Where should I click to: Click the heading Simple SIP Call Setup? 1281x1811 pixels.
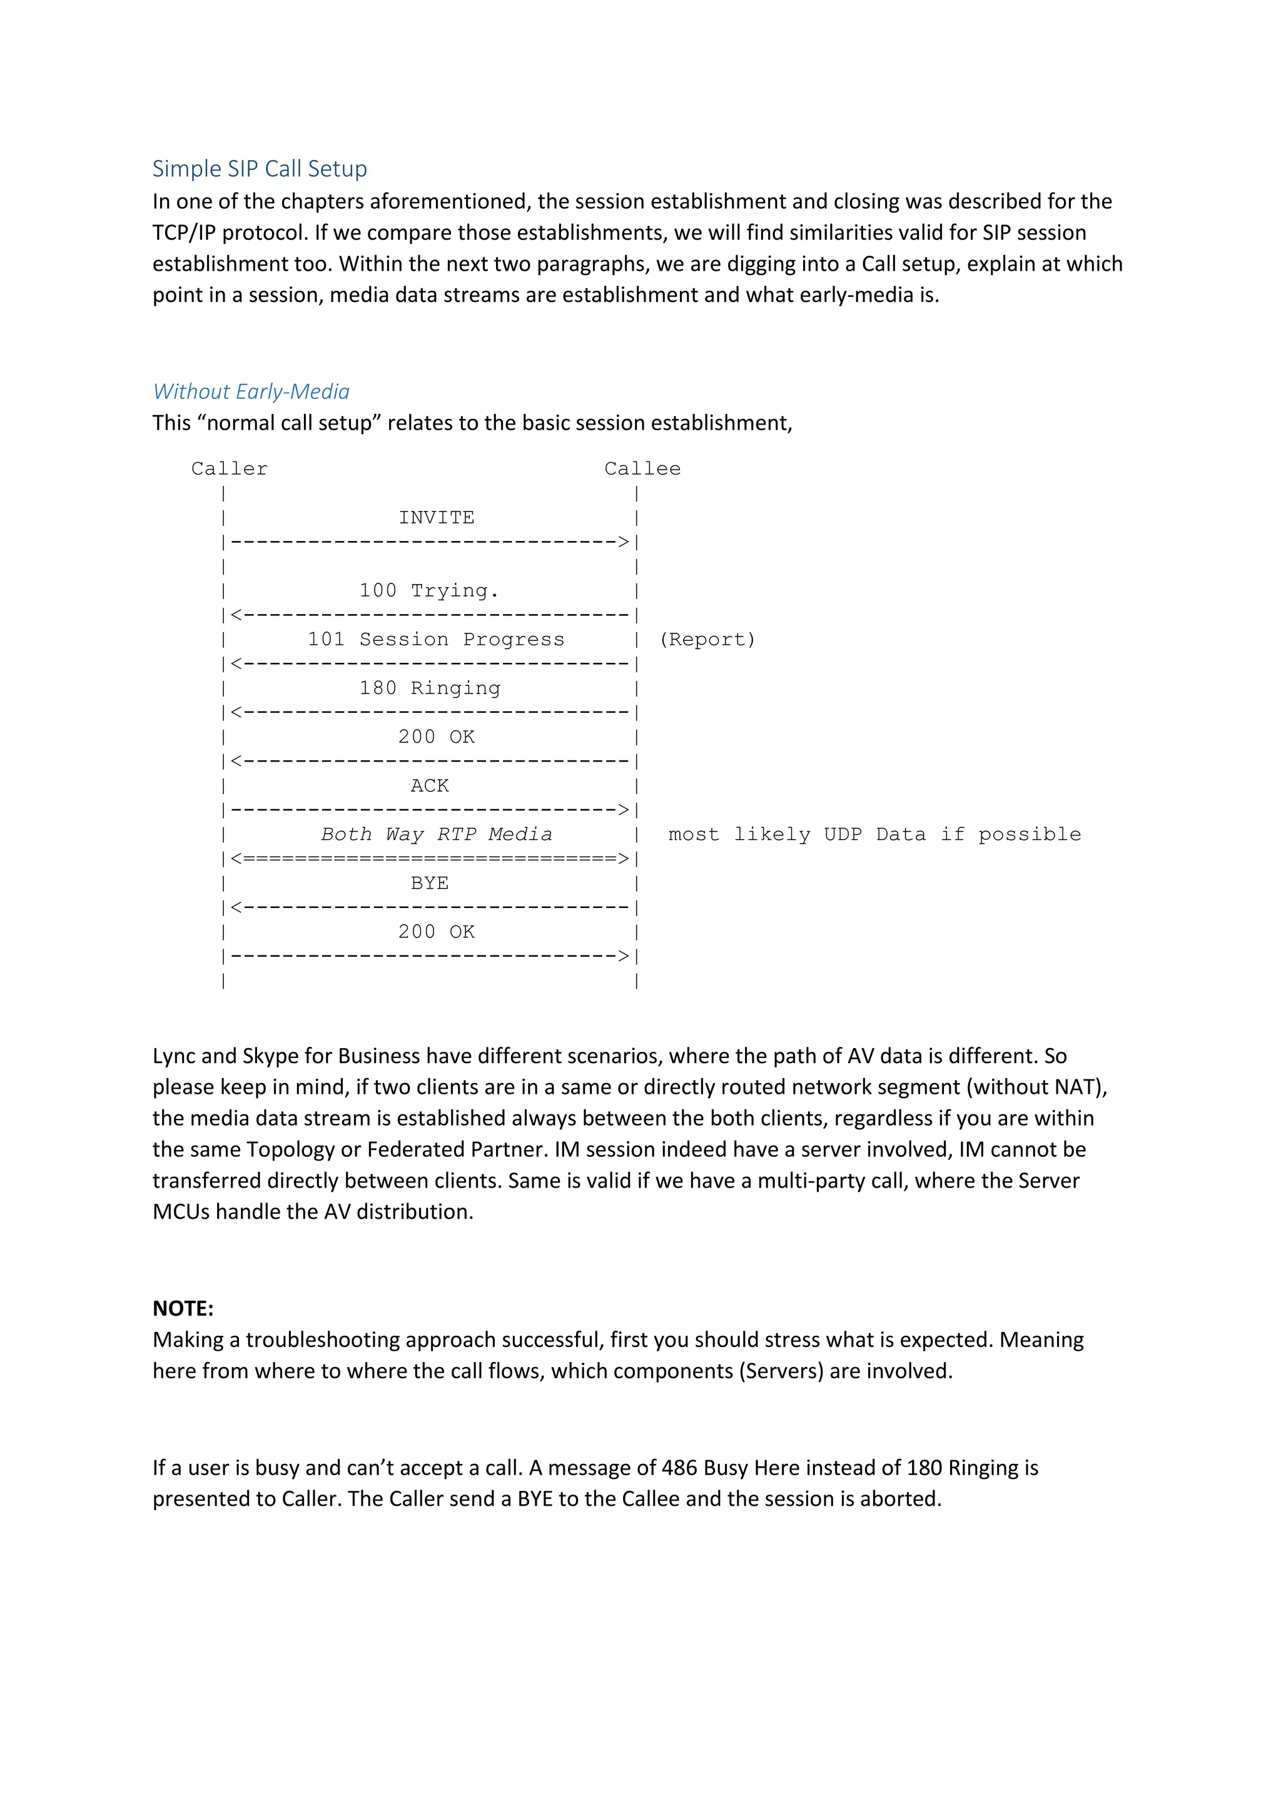260,169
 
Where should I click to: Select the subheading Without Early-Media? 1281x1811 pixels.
251,391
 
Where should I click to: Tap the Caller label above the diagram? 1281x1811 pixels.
230,468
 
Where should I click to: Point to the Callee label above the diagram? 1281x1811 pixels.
642,468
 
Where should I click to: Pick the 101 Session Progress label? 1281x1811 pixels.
436,639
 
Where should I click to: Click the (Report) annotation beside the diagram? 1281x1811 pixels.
707,639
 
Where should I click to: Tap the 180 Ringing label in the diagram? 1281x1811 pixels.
430,688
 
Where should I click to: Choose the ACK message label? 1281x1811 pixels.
429,785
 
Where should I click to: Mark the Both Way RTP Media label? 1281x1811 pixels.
436,834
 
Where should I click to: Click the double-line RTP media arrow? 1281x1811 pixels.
430,858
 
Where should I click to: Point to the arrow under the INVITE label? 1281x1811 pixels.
430,542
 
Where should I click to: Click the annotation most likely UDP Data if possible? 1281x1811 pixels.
874,834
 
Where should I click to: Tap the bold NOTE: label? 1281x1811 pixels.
183,1309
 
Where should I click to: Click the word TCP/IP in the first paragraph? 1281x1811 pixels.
184,233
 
